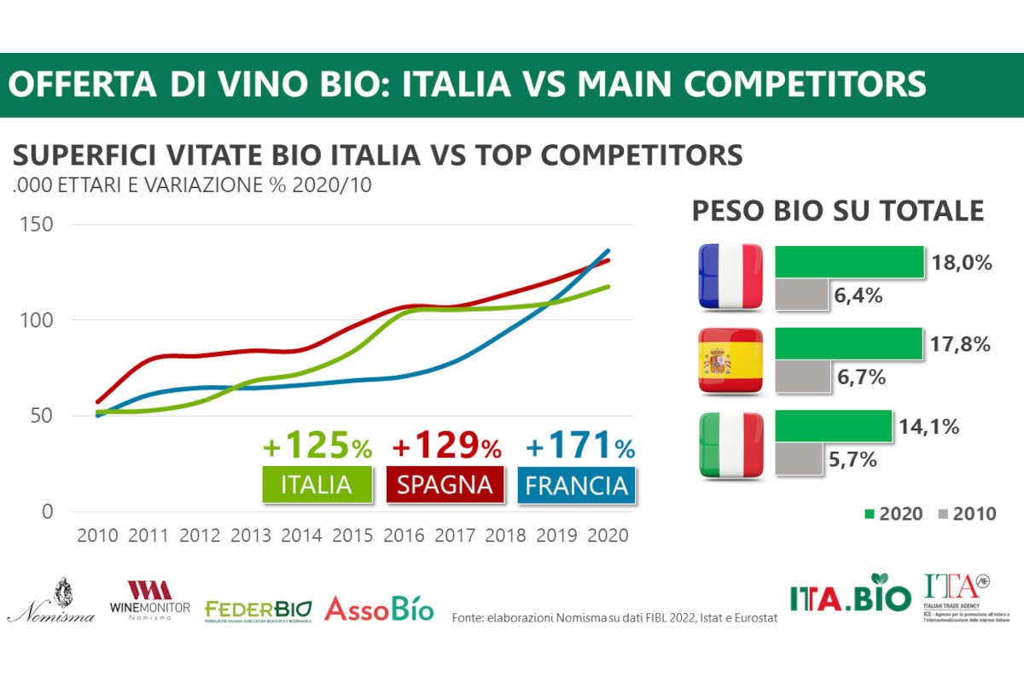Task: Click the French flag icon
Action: point(731,276)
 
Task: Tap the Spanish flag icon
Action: point(731,359)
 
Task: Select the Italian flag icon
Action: point(731,444)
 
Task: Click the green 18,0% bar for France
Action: point(849,262)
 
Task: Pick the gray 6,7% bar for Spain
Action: point(802,377)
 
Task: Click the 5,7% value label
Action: point(853,459)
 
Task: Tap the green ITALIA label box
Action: point(317,484)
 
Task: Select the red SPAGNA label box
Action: point(444,484)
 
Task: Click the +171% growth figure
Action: point(580,446)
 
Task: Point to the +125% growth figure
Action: point(317,446)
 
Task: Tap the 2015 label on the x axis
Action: point(353,535)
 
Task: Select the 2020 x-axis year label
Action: point(608,535)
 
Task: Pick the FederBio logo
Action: point(259,610)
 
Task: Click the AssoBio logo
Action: point(379,609)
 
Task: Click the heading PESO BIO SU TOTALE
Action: point(837,211)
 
